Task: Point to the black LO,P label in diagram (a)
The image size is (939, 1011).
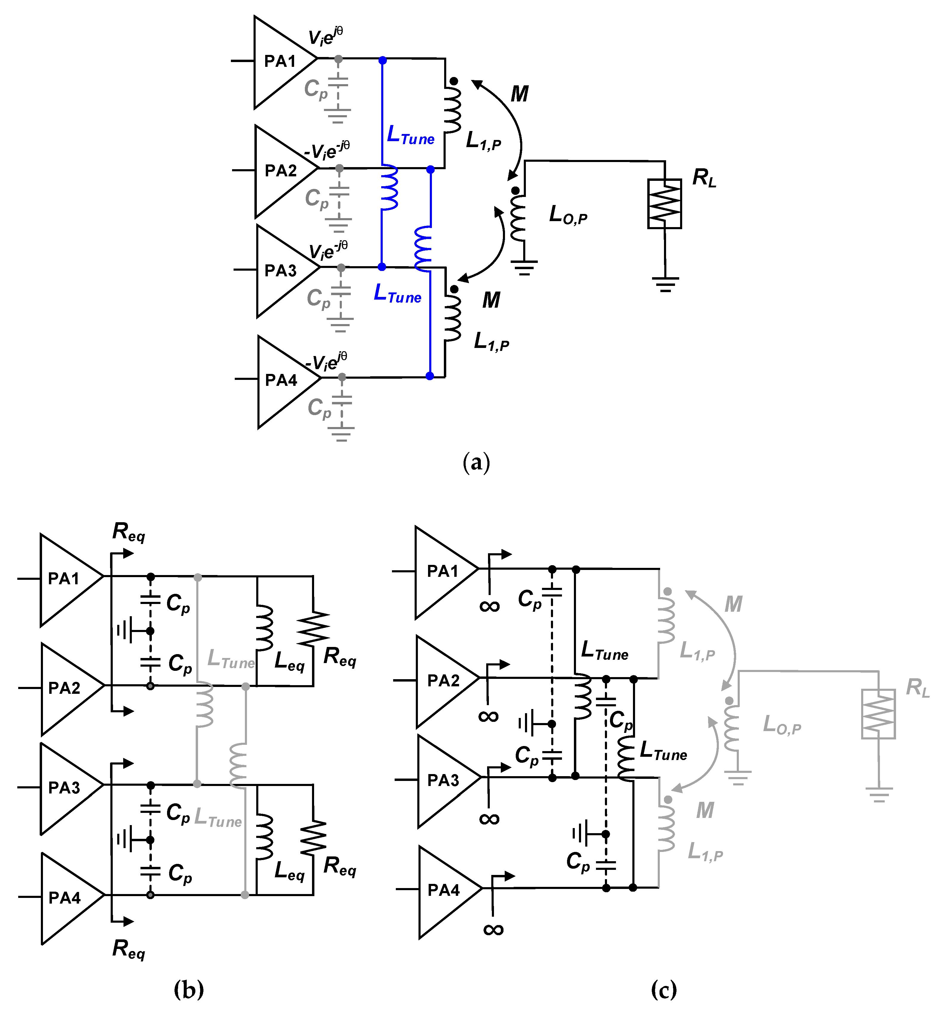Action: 568,215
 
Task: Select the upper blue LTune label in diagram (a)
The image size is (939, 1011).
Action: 410,135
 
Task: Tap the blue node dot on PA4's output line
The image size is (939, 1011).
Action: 430,376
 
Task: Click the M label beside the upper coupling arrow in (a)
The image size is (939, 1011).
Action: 519,94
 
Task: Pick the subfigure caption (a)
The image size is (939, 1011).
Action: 476,463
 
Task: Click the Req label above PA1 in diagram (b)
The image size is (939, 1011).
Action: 129,532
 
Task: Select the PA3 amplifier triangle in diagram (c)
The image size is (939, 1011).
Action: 443,780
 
